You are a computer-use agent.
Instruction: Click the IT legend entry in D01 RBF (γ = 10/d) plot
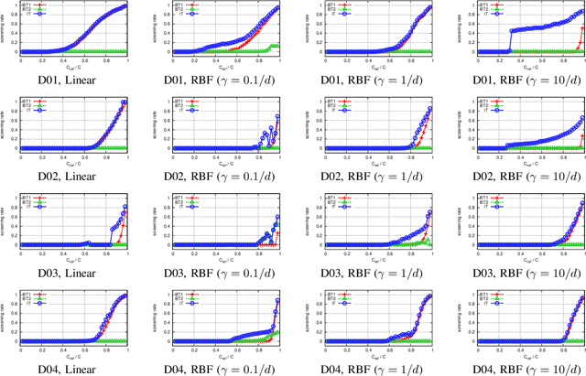469,14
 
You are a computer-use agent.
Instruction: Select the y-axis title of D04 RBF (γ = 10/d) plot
446,317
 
